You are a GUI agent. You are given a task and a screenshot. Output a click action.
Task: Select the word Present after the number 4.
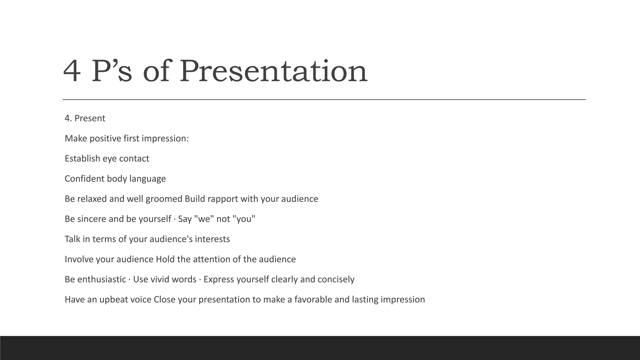pyautogui.click(x=90, y=118)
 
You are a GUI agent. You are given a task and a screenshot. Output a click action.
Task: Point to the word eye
pyautogui.click(x=110, y=159)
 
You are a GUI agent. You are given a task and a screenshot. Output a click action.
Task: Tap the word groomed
pyautogui.click(x=164, y=199)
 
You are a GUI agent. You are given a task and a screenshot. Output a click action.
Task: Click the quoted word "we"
pyautogui.click(x=204, y=219)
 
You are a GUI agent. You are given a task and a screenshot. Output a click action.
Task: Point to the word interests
pyautogui.click(x=212, y=239)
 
